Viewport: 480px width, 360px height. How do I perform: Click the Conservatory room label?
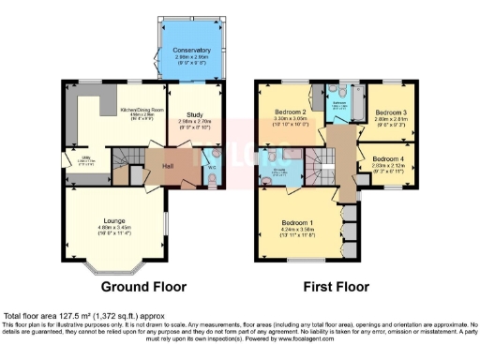[191, 50]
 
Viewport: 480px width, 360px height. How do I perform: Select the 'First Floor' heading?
[334, 286]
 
